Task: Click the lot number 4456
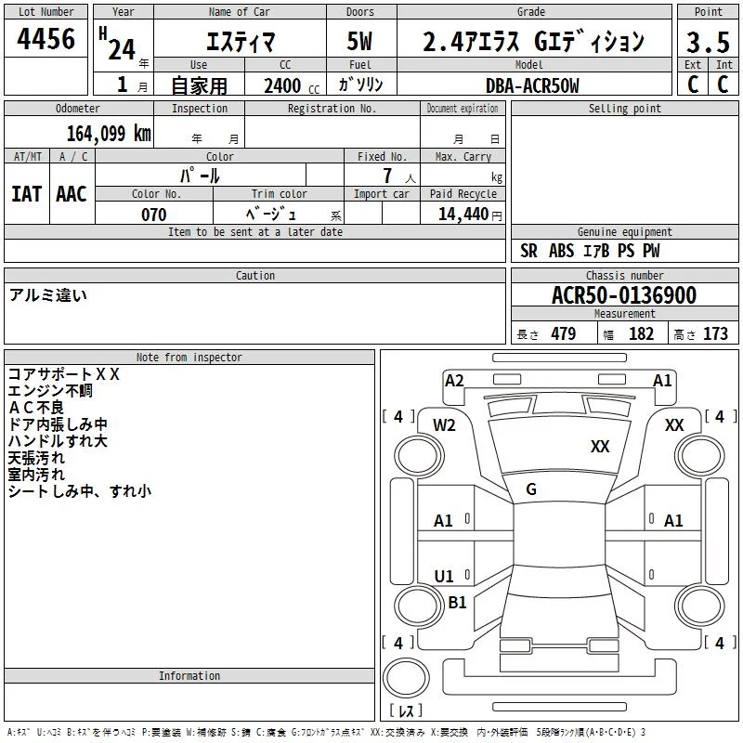click(x=46, y=38)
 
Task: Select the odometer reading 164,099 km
click(x=109, y=134)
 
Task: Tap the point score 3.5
click(x=708, y=42)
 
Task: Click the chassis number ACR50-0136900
click(x=624, y=294)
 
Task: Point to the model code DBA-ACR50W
click(x=532, y=85)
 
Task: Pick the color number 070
click(x=154, y=215)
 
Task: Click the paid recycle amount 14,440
click(x=463, y=214)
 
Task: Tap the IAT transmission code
click(x=27, y=194)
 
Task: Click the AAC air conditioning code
click(x=72, y=194)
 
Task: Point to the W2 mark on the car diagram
click(x=444, y=425)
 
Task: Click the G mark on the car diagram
click(x=531, y=489)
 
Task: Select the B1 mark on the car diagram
click(x=457, y=602)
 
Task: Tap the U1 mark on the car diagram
click(x=444, y=576)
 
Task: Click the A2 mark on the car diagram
click(x=454, y=381)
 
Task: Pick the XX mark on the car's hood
click(x=600, y=446)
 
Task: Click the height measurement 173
click(x=715, y=333)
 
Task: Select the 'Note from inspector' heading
click(x=189, y=358)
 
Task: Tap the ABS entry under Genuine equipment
click(x=562, y=251)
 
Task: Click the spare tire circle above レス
click(x=406, y=677)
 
